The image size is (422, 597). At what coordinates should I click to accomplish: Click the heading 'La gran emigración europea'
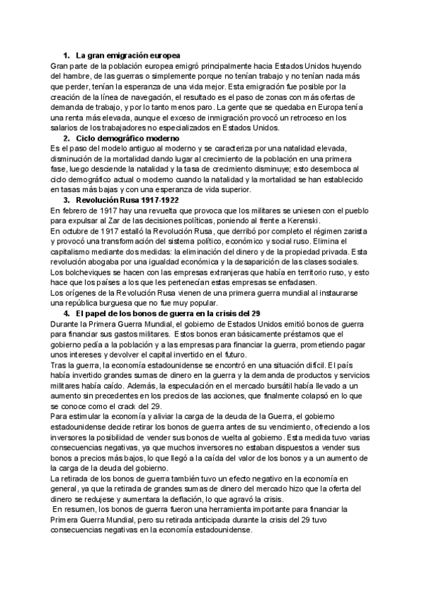[127, 55]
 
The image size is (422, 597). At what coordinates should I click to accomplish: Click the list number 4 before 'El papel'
[66, 313]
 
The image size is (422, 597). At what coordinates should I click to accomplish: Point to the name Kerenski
[303, 220]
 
